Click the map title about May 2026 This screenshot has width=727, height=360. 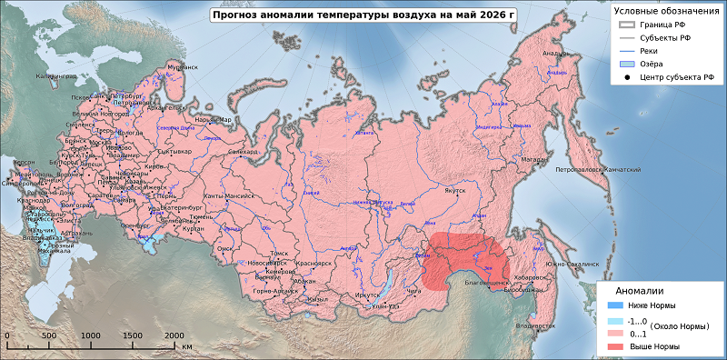[x=363, y=15]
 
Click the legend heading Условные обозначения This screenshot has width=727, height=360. [x=666, y=10]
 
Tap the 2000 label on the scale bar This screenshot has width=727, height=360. [x=174, y=335]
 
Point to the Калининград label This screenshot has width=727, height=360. [x=55, y=77]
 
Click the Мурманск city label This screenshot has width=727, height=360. [x=182, y=68]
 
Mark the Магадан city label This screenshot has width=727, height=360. [x=534, y=159]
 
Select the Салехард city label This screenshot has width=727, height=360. [x=243, y=152]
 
